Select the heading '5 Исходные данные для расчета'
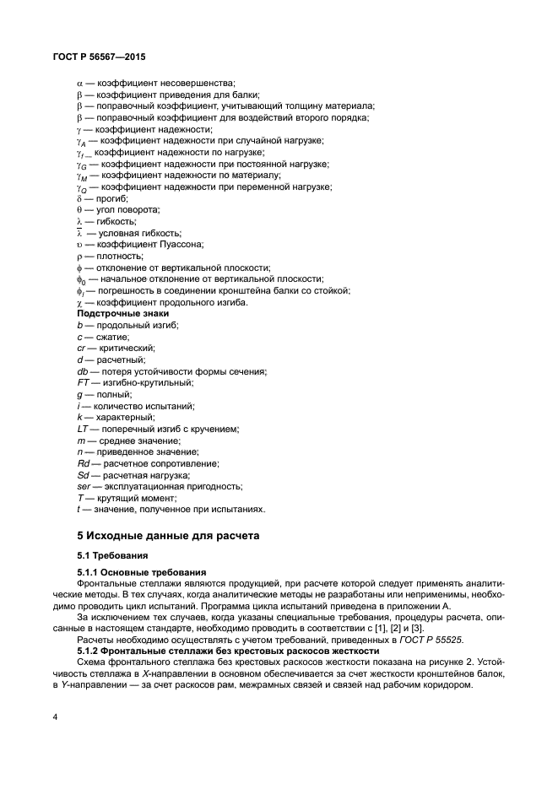pos(164,536)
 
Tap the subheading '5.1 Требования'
pos(112,555)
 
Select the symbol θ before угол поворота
pos(79,209)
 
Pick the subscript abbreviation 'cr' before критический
pos(81,348)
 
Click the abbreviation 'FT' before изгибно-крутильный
pos(83,382)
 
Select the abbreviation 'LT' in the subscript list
pos(83,429)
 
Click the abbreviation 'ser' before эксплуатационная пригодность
pos(84,486)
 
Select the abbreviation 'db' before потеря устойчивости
pos(82,371)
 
